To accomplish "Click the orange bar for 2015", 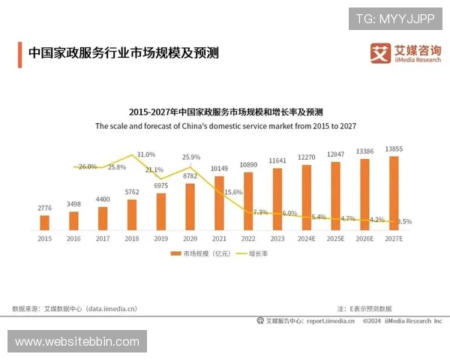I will [44, 222].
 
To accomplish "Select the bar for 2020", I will [190, 205].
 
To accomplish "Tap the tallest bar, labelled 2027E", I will [394, 193].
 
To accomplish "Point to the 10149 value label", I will [219, 169].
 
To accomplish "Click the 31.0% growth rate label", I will [145, 154].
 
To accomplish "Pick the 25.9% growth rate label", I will [190, 157].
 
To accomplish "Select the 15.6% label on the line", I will [233, 192].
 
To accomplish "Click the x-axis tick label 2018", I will [131, 238].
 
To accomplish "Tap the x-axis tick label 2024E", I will [307, 238].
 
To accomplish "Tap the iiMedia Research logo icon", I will [380, 53].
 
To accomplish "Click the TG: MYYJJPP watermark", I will [395, 18].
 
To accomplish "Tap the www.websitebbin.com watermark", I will [77, 342].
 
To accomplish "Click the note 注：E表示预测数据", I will [364, 308].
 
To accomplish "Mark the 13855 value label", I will [394, 150].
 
